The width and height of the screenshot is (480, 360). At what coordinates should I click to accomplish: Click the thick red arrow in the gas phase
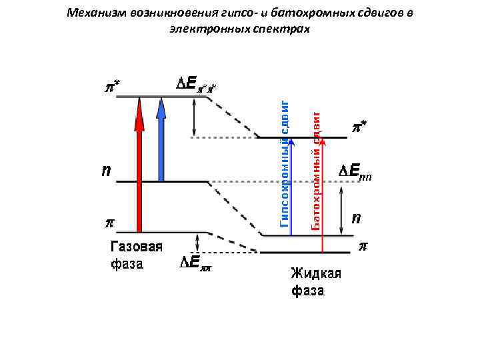click(x=139, y=167)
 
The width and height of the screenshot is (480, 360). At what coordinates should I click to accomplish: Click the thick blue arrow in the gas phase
click(x=161, y=140)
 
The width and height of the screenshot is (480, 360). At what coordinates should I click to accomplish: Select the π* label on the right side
click(x=359, y=125)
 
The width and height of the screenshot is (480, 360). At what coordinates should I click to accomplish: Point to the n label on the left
click(x=106, y=172)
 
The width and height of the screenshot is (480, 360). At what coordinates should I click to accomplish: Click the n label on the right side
click(x=357, y=218)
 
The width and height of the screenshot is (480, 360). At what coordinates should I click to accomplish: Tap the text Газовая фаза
click(x=136, y=255)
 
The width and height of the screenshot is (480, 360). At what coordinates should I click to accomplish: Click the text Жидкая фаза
click(x=316, y=281)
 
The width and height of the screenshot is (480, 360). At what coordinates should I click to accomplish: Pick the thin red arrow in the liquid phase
click(x=323, y=193)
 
